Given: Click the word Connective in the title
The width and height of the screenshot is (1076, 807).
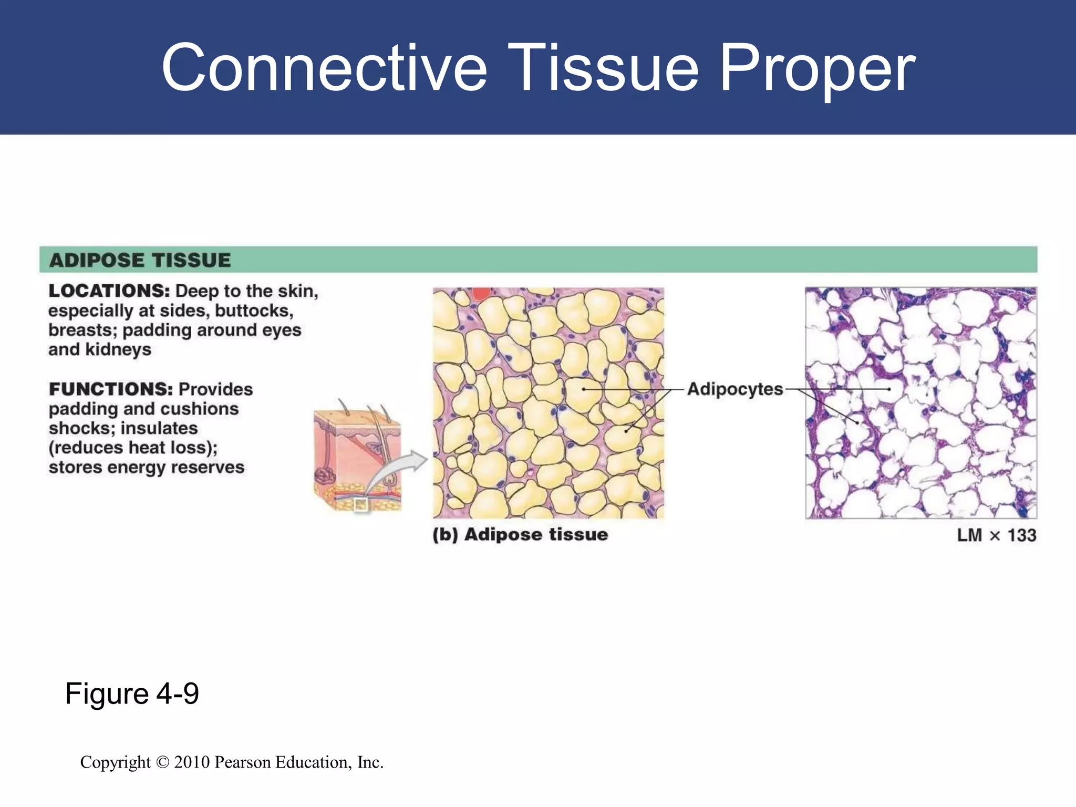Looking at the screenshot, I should coord(324,68).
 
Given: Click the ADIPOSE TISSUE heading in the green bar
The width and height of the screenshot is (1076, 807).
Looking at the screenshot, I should coord(140,260).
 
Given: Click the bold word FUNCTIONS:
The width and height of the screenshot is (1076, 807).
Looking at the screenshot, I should coord(111,389).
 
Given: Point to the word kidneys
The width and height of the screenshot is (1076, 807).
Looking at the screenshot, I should coord(118,349).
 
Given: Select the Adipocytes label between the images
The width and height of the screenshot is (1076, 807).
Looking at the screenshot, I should coord(734,389).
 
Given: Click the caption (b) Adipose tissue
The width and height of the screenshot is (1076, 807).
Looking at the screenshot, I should coord(520,534).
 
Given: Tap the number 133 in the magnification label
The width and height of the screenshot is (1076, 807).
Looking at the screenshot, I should coord(1021,535).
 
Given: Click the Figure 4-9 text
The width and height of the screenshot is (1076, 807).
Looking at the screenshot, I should coord(132,694).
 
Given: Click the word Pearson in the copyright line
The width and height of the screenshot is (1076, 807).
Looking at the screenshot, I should coord(243,762).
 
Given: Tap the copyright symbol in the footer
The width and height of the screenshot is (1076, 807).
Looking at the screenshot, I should coord(163,762).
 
